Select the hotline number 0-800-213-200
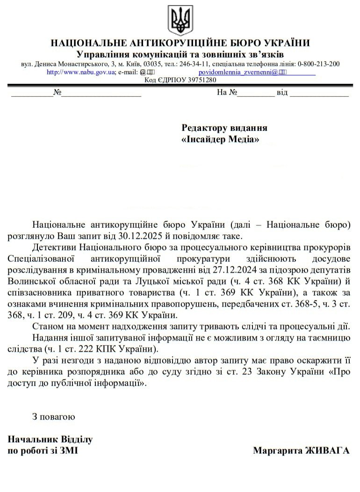click(x=318, y=64)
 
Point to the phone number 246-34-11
click(x=194, y=64)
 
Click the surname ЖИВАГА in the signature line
click(x=327, y=450)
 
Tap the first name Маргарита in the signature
click(x=276, y=450)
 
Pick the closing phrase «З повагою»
click(x=53, y=416)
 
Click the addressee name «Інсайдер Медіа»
click(x=220, y=139)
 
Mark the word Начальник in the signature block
click(x=29, y=439)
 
